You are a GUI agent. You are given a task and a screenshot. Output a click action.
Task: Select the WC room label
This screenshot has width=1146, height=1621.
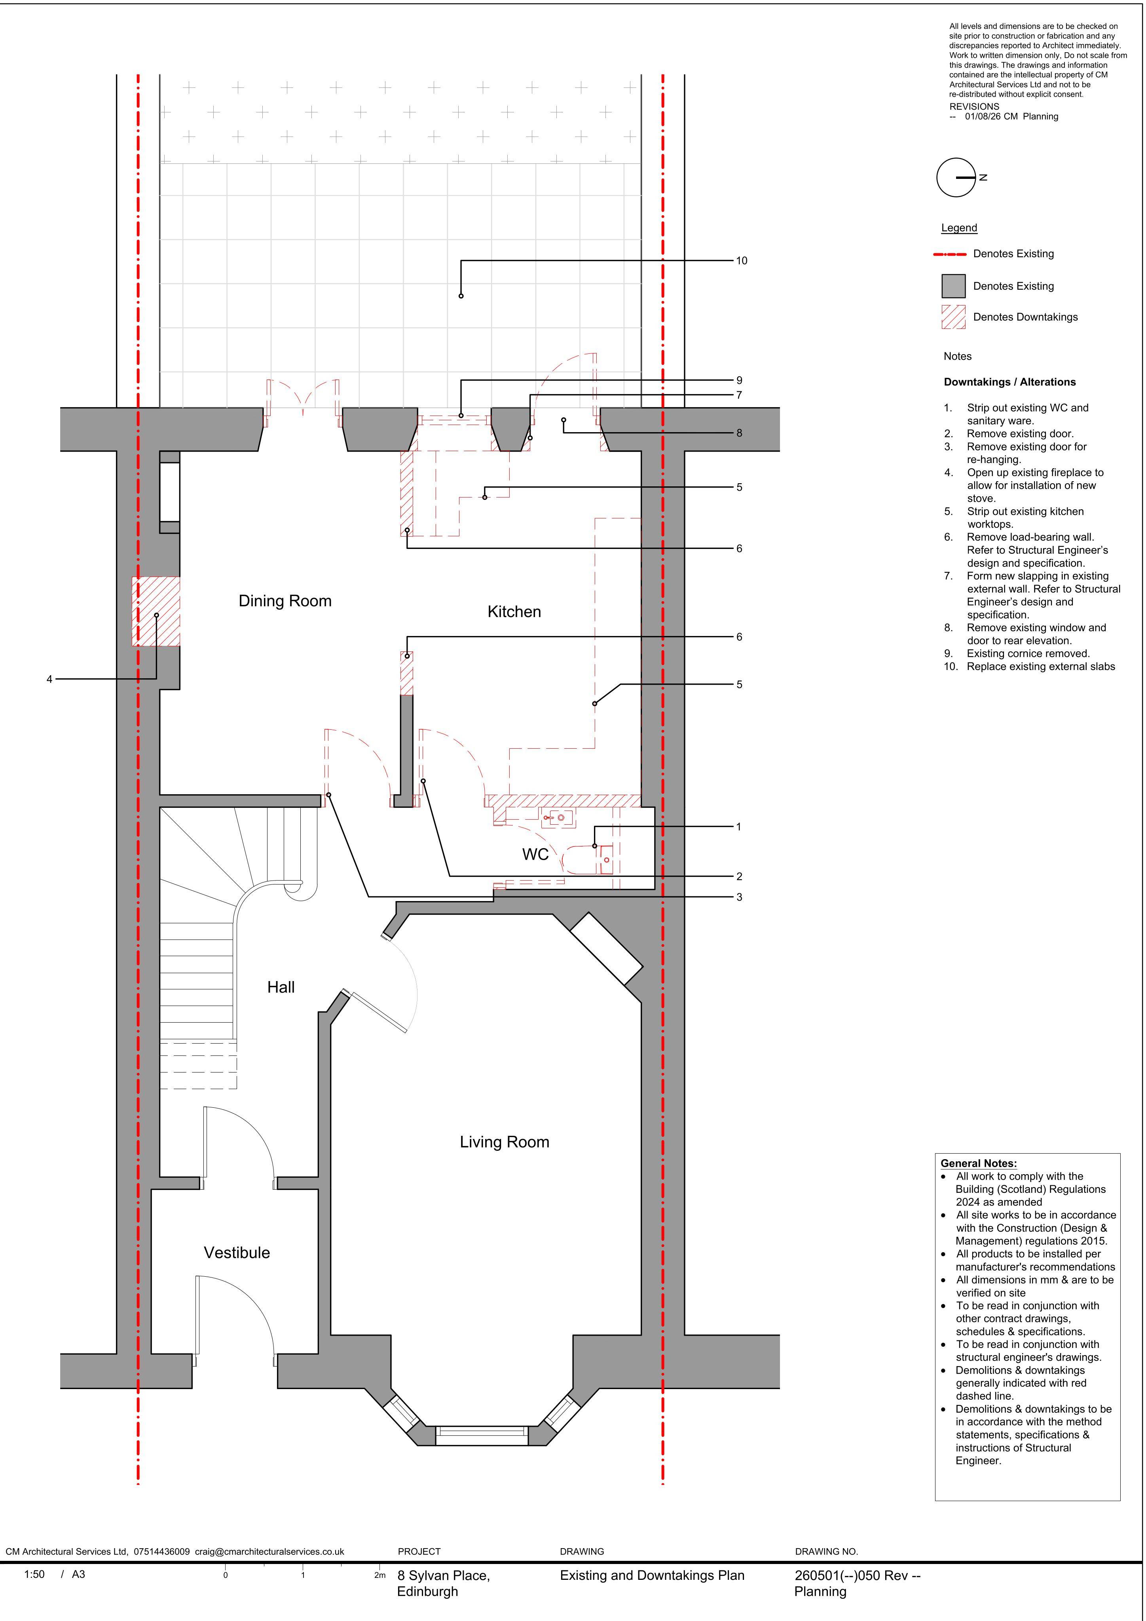[535, 854]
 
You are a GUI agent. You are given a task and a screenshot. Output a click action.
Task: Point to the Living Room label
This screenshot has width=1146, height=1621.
[504, 1142]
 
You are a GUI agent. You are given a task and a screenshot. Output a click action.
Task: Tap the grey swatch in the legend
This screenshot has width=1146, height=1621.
[953, 286]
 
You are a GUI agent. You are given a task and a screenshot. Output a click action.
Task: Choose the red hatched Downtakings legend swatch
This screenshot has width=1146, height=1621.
[953, 317]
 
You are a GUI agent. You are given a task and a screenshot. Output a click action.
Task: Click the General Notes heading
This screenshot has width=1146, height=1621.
[979, 1164]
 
